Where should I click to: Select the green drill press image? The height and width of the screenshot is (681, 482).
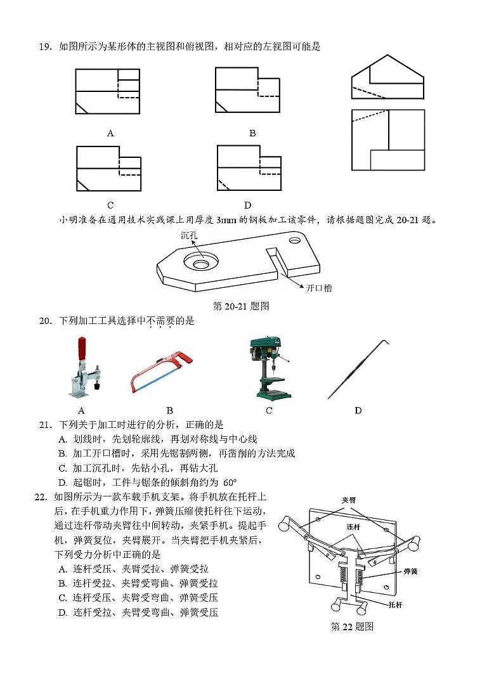[269, 368]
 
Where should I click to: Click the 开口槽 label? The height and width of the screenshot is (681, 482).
[318, 288]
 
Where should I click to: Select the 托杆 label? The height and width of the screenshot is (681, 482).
[394, 605]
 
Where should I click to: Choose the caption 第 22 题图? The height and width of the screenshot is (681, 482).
[352, 626]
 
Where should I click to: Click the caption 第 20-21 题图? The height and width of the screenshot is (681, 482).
[241, 306]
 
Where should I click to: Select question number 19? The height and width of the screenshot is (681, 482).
[44, 46]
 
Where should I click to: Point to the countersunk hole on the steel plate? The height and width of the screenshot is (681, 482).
[200, 262]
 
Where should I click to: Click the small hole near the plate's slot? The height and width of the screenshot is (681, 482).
[295, 242]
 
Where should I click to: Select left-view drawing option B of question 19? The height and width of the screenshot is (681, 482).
[247, 90]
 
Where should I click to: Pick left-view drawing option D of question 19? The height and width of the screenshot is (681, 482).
[249, 168]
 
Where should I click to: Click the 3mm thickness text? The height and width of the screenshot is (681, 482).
[227, 220]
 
